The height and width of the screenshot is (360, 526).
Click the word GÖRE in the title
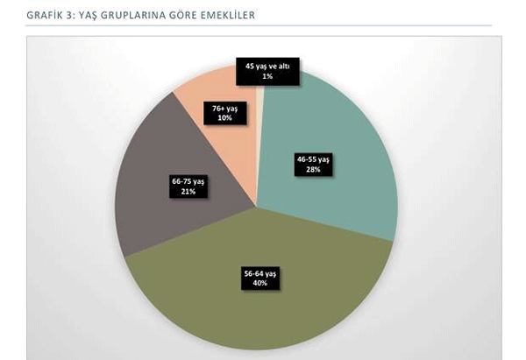click(x=178, y=15)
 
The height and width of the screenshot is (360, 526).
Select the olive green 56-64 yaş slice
click(x=263, y=307)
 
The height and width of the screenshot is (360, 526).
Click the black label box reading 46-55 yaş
click(x=313, y=165)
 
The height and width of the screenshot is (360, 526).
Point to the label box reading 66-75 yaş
click(x=188, y=186)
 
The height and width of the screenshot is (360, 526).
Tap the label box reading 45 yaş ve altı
click(x=267, y=71)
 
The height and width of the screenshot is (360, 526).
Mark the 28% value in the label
click(x=313, y=170)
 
